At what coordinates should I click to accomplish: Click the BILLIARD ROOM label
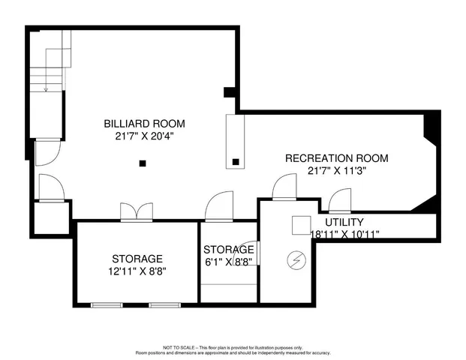click(x=144, y=124)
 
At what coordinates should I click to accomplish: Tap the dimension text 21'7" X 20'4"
click(x=144, y=136)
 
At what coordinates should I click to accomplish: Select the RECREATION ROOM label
click(x=336, y=158)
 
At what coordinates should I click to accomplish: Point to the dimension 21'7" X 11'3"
click(x=336, y=170)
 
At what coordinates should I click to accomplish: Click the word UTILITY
click(x=344, y=222)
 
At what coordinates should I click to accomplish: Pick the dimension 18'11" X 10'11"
click(x=344, y=234)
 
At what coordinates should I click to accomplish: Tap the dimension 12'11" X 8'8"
click(x=137, y=271)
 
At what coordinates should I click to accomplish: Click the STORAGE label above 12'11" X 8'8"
click(x=137, y=259)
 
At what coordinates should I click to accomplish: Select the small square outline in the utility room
click(x=301, y=225)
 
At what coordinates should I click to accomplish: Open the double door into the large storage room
click(x=137, y=213)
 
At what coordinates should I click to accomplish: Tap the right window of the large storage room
click(x=160, y=305)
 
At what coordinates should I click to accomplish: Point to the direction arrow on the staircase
click(x=46, y=88)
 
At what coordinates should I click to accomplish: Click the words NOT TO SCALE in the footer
click(x=174, y=347)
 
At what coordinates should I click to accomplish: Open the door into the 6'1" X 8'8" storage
click(x=218, y=208)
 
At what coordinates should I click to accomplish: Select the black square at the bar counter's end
click(x=236, y=161)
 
